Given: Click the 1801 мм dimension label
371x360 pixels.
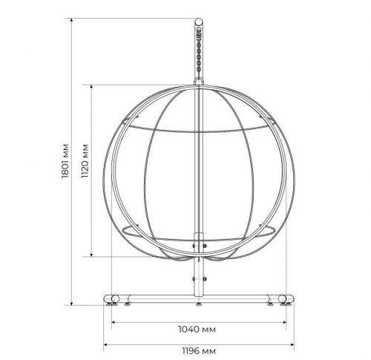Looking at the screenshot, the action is tap(65, 161).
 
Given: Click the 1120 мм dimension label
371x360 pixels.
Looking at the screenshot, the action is tap(85, 161).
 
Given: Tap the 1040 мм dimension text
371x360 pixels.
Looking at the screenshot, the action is tap(197, 330).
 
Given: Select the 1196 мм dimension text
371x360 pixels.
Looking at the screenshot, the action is tap(199, 351).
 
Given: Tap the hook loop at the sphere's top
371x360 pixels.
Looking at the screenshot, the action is tap(199, 81).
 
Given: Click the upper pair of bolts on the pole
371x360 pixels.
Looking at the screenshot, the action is tap(199, 246).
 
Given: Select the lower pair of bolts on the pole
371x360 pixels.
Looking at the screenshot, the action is tap(199, 279).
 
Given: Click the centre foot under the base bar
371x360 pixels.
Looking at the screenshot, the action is tap(199, 304).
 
